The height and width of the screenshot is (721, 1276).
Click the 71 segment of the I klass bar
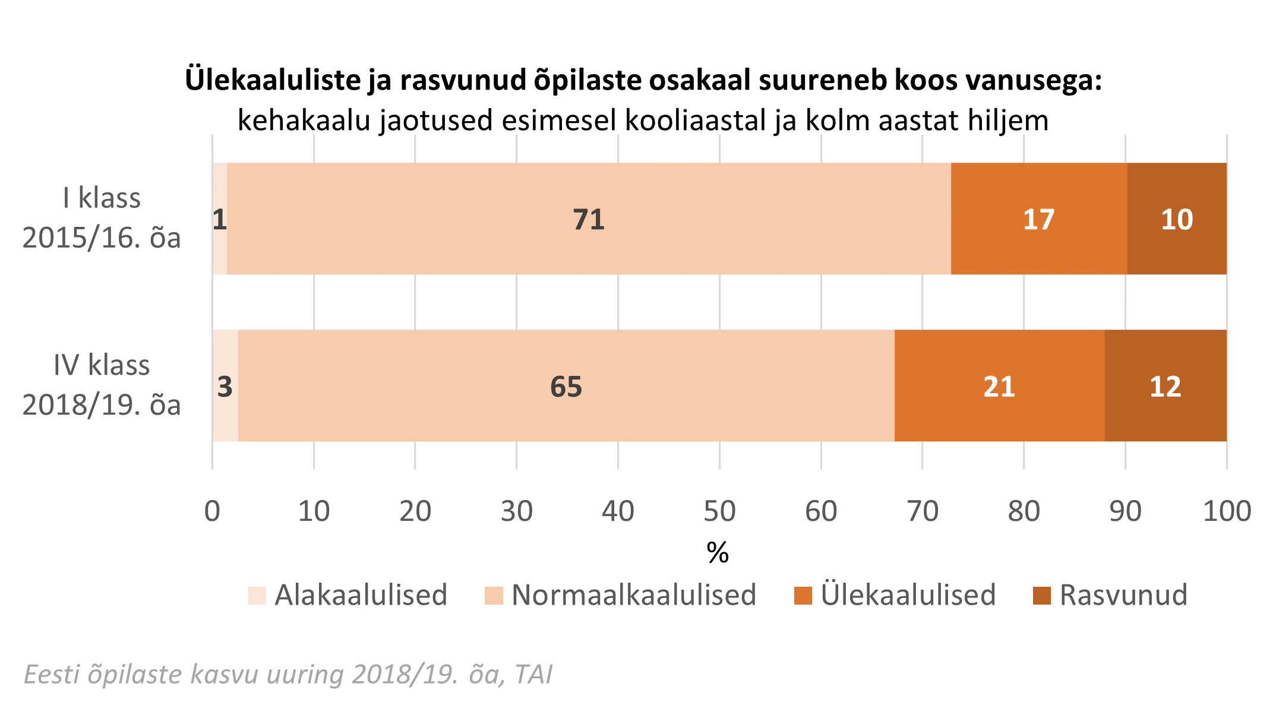[588, 219]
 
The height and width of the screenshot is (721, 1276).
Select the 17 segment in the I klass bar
[1038, 219]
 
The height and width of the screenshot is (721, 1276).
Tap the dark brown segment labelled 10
[1176, 219]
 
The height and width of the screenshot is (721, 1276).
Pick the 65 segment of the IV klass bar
[566, 386]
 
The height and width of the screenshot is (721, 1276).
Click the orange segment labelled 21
[999, 386]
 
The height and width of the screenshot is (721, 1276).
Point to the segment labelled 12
[1165, 386]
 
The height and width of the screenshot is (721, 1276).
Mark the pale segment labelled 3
[225, 386]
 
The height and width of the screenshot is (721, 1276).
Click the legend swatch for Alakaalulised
[257, 595]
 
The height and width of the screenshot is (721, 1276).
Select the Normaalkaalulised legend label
[634, 595]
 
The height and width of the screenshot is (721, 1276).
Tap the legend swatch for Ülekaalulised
[803, 595]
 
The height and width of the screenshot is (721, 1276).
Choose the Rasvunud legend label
[1123, 595]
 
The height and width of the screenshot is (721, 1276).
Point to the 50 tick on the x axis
[719, 511]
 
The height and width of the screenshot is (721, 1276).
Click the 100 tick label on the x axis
[1227, 511]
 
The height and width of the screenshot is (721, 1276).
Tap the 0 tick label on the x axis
[212, 511]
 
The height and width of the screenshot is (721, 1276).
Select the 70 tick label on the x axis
[923, 511]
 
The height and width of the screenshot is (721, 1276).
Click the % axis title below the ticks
[718, 553]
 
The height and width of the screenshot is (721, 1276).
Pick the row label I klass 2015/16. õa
[102, 218]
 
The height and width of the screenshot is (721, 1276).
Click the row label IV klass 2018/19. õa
[102, 385]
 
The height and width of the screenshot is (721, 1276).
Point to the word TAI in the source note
[533, 675]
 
